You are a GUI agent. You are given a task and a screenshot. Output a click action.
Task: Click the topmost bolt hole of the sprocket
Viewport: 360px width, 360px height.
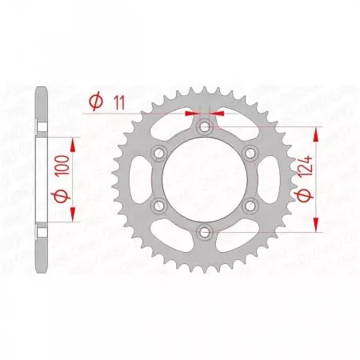tap(205, 126)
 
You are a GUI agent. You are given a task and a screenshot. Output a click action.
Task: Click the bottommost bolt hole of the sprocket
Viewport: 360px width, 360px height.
tap(205, 232)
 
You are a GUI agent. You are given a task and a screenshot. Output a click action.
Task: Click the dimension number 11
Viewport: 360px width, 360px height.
tap(120, 102)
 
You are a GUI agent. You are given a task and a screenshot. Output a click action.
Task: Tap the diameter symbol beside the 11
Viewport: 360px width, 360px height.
tap(94, 102)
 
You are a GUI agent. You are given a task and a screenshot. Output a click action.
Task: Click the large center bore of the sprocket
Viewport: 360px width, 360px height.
tap(205, 179)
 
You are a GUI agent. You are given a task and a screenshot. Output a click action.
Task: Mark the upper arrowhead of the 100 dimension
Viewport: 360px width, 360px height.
tap(73, 142)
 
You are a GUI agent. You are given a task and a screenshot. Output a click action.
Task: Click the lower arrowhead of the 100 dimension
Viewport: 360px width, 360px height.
tap(73, 217)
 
